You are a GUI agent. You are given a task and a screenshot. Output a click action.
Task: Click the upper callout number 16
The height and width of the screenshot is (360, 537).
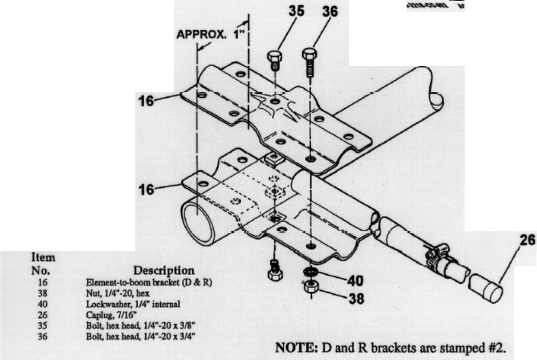tap(148, 101)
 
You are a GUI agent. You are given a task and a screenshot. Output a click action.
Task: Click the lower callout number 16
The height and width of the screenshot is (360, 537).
tap(148, 189)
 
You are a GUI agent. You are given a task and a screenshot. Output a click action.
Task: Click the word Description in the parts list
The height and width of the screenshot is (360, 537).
tap(164, 269)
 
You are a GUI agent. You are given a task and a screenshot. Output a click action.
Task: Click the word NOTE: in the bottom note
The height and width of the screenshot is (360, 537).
tap(294, 346)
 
